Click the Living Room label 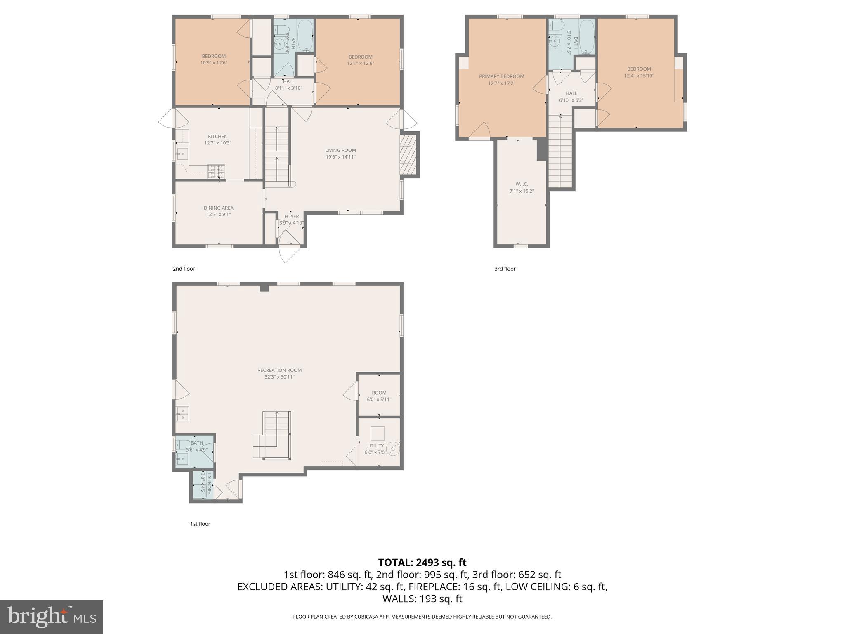(x=340, y=150)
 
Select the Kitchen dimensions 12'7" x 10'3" (x=218, y=143)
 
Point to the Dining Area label (x=218, y=208)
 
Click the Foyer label (x=291, y=216)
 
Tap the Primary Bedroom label (x=501, y=76)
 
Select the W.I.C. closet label (x=522, y=184)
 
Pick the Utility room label (x=375, y=446)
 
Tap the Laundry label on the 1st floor (x=209, y=484)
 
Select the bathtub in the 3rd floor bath (x=586, y=37)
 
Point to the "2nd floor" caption (x=184, y=269)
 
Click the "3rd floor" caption (x=505, y=269)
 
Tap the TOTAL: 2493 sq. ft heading (x=422, y=562)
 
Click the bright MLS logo (x=52, y=617)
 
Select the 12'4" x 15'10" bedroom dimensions (x=639, y=76)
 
